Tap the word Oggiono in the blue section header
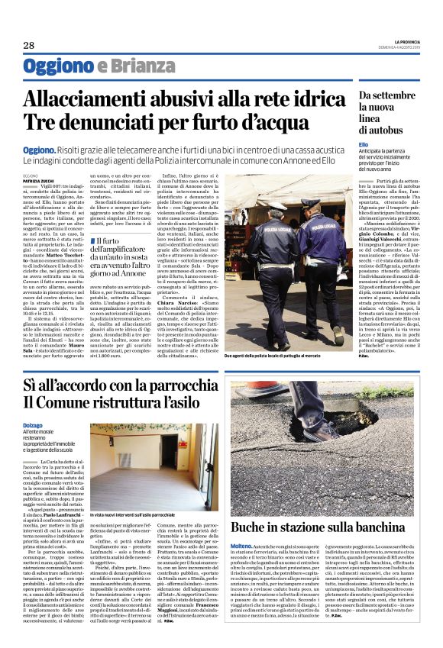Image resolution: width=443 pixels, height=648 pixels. click(58, 66)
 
